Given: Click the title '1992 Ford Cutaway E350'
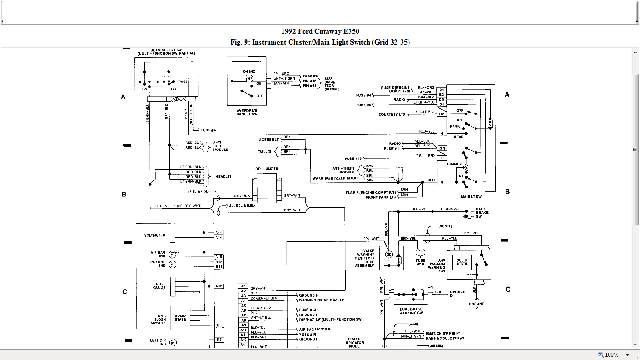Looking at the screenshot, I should click(x=320, y=31).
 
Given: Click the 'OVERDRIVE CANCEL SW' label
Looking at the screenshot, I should click(x=247, y=112).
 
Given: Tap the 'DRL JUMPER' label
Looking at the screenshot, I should click(x=267, y=169).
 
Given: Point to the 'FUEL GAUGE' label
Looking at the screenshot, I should click(x=159, y=286).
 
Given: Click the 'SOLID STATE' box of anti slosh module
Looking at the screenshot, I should click(x=180, y=317).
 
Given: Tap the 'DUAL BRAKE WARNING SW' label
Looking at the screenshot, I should click(x=410, y=311).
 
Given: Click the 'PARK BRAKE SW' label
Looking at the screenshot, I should click(x=482, y=212).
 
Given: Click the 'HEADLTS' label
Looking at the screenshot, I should click(x=223, y=177).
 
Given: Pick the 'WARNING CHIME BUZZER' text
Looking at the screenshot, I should click(x=322, y=300).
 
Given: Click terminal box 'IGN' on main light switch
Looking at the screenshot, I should click(x=441, y=148).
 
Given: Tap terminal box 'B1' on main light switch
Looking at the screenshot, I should click(x=441, y=89).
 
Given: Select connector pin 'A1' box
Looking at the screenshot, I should click(x=243, y=286).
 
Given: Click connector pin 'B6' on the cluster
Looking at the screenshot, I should click(x=219, y=325).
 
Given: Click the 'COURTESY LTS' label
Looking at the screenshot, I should click(x=392, y=114).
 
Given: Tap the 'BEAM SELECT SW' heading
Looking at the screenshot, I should click(x=166, y=50).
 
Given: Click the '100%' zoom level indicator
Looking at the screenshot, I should click(x=611, y=355).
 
